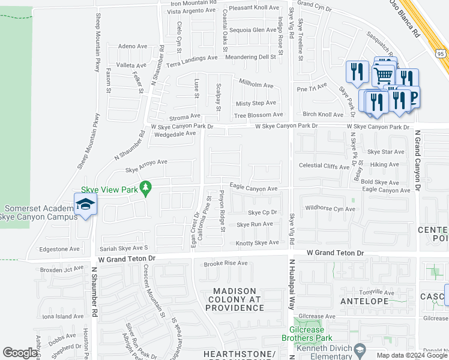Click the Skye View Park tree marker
145,189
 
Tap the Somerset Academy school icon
85,204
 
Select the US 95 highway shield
441,54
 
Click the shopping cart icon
382,74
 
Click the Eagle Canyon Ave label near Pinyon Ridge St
253,188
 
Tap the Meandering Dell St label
250,57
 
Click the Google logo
20,353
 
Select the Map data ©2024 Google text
412,355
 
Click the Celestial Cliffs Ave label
324,166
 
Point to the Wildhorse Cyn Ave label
330,209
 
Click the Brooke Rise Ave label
226,263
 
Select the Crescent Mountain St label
154,298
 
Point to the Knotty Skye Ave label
258,242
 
